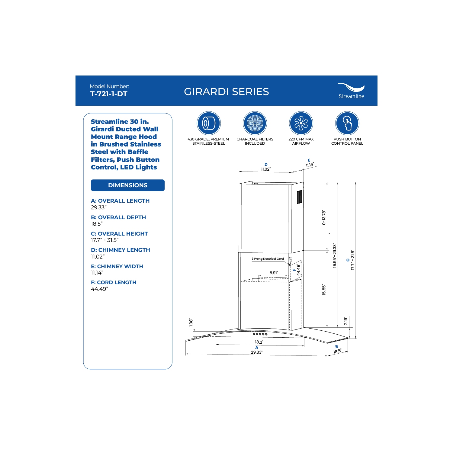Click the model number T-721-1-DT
(109, 94)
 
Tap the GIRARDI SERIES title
(226, 92)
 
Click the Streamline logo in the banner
(351, 91)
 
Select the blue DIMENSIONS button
(128, 185)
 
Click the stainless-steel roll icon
(209, 123)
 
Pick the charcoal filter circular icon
(255, 123)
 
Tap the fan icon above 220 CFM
(301, 123)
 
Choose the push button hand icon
(347, 123)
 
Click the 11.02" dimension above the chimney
(266, 169)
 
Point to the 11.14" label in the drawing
(310, 165)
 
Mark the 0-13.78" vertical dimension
(324, 217)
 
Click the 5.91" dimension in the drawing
(274, 273)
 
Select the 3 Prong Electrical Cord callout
(268, 259)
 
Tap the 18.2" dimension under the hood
(259, 342)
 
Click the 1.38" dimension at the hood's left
(191, 322)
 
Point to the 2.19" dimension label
(346, 321)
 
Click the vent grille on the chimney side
(300, 197)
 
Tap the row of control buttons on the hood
(260, 334)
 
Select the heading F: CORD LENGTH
(114, 282)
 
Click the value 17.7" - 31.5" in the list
(105, 240)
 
